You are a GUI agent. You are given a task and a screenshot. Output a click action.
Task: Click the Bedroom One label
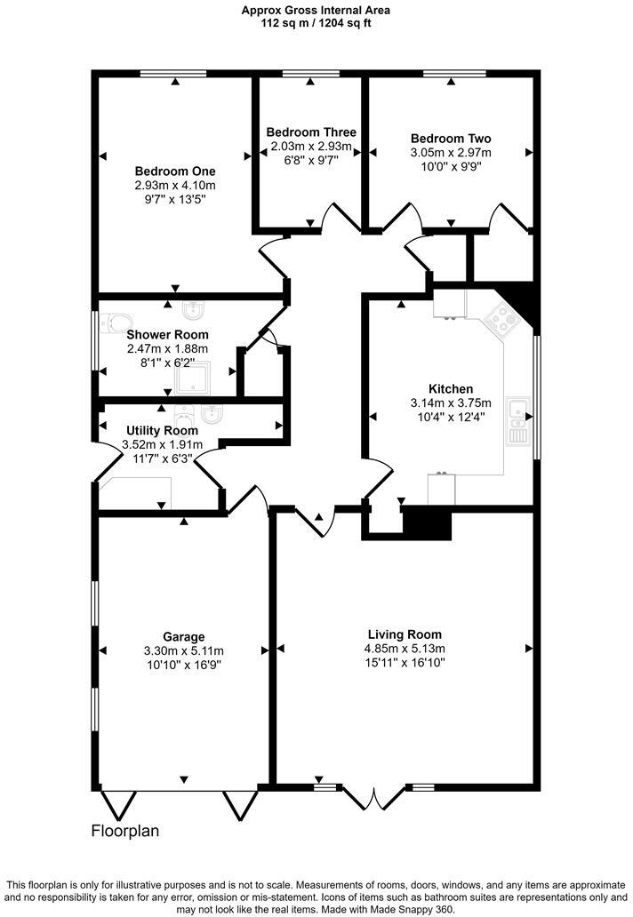tap(175, 171)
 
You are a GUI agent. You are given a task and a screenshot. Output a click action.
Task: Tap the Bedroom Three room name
tap(311, 132)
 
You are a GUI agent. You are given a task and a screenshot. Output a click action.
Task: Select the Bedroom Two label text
tap(451, 139)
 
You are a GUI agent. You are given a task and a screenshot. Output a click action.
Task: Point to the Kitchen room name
tap(450, 389)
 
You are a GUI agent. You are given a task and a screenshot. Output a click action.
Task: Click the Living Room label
tap(405, 634)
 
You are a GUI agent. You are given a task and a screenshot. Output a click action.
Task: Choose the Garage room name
tap(184, 636)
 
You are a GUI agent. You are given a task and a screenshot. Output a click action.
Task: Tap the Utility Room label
tap(162, 430)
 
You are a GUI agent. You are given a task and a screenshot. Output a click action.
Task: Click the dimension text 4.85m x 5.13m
tap(405, 648)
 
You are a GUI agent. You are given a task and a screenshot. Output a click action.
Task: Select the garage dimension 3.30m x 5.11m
tap(184, 650)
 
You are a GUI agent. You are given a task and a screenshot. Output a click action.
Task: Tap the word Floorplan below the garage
tap(125, 832)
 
